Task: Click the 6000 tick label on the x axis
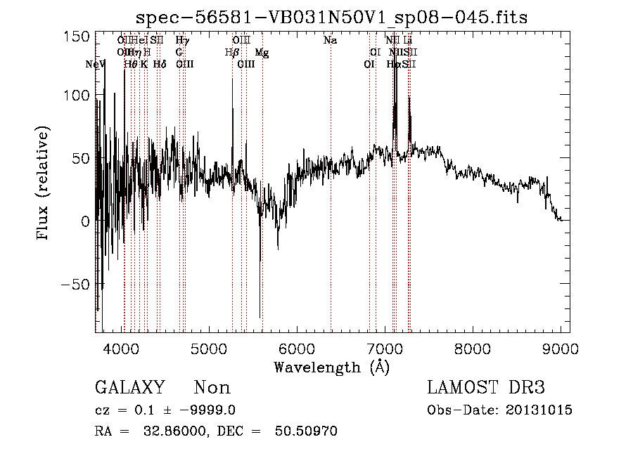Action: (x=296, y=348)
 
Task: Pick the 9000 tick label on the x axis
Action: (x=560, y=348)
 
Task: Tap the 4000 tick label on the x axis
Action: (x=121, y=348)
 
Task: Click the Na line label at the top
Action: (x=330, y=40)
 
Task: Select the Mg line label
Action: (x=261, y=52)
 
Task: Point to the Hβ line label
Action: (x=232, y=52)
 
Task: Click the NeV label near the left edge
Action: (x=95, y=64)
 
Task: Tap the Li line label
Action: (x=407, y=40)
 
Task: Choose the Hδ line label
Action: (x=159, y=64)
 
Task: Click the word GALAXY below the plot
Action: (x=130, y=388)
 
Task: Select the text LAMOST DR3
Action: (x=486, y=388)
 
